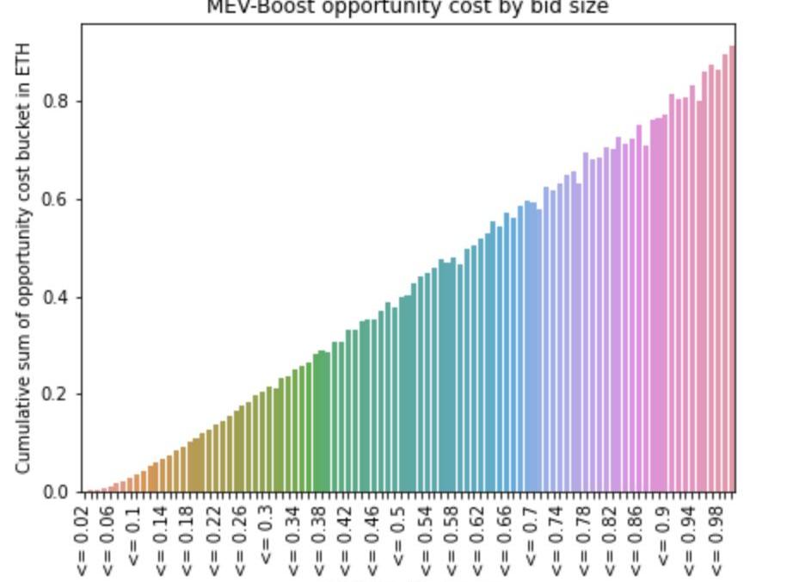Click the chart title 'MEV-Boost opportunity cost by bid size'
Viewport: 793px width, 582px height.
408,8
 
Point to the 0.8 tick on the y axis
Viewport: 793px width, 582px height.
57,102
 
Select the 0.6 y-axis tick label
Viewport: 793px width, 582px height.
57,200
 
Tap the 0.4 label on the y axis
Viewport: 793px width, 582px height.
57,298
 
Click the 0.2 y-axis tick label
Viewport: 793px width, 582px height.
57,395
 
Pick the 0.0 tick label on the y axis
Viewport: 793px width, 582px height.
57,492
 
